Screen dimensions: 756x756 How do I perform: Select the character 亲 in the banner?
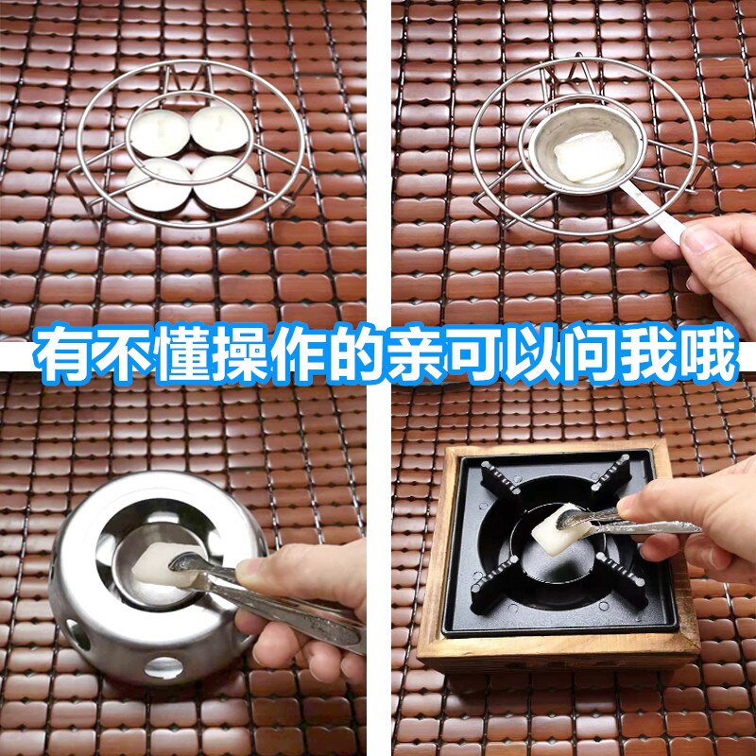tap(414, 356)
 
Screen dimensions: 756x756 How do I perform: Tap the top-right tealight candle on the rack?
tap(220, 129)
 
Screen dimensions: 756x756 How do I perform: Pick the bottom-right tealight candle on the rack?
tap(223, 182)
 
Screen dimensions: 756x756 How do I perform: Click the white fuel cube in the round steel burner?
tap(151, 567)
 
